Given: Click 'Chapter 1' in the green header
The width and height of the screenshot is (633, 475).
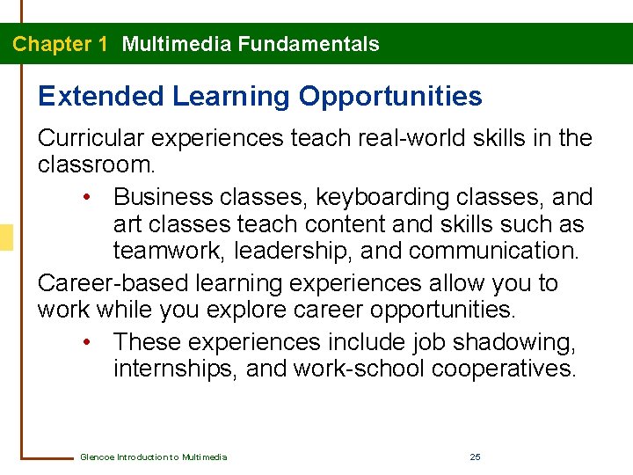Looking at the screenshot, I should [60, 44].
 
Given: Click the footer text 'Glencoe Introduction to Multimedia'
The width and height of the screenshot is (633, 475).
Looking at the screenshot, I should [153, 457].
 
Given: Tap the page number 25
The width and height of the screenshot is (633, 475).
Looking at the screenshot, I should [475, 457].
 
